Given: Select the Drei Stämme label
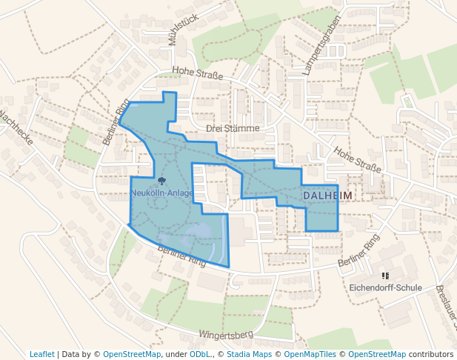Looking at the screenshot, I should click(x=233, y=128).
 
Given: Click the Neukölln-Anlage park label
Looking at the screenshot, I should click(x=161, y=193).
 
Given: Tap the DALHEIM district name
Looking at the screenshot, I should click(x=328, y=194).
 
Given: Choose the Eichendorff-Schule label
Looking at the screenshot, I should click(x=385, y=287).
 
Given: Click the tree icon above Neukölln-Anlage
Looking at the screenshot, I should click(x=161, y=180).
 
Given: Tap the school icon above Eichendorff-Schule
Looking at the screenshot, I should click(x=385, y=276).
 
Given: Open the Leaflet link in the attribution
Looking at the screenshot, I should click(x=41, y=354).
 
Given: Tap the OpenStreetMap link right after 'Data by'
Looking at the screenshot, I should click(x=132, y=354).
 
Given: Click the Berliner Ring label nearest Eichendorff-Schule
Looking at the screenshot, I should click(x=358, y=251).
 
